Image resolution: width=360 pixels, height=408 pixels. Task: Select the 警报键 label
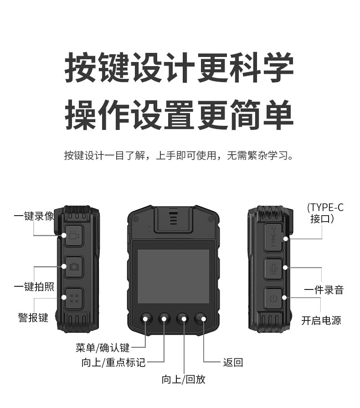click(x=33, y=317)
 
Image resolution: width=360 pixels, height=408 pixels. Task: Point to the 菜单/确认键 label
click(x=103, y=348)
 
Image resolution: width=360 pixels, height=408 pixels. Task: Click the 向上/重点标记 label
click(x=113, y=362)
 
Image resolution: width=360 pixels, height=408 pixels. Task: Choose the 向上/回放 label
click(x=184, y=379)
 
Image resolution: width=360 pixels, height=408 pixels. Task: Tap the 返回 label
click(x=233, y=362)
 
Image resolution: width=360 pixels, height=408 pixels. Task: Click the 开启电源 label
click(x=321, y=320)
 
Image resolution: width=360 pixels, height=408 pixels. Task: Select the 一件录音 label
click(x=324, y=290)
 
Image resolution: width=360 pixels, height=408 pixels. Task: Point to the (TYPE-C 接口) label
click(x=325, y=213)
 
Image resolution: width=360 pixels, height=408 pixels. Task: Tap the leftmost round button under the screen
click(x=146, y=318)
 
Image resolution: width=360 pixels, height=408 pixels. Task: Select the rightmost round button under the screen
click(x=201, y=318)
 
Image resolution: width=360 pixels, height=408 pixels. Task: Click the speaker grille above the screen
click(x=174, y=218)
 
